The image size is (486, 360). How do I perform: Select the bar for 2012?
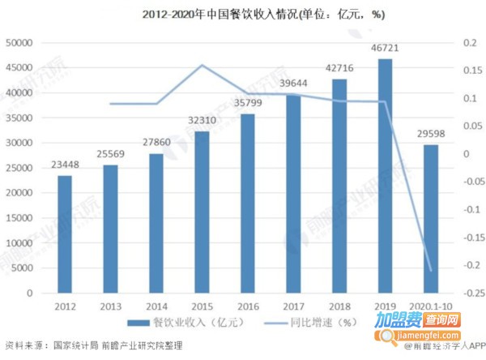tap(65, 234)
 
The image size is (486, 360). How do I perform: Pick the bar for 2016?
tap(248, 204)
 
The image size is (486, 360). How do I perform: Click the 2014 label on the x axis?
tap(156, 306)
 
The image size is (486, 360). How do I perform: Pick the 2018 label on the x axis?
tap(339, 306)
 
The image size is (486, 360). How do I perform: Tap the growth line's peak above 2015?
tap(202, 65)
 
